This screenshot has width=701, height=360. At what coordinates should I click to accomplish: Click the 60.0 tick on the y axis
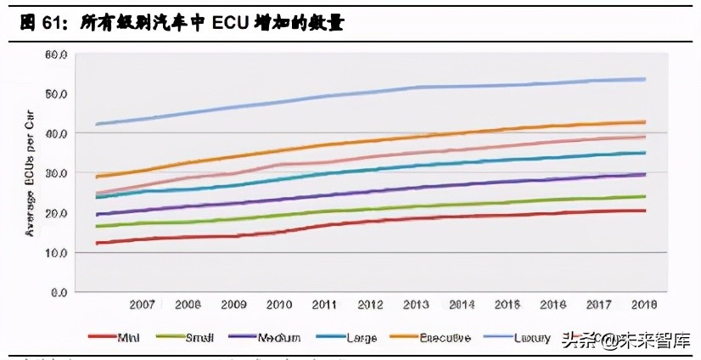pos(55,54)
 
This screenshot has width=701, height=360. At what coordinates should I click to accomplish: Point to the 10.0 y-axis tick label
pos(55,253)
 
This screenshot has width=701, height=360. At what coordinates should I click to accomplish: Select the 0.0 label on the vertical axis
pos(58,293)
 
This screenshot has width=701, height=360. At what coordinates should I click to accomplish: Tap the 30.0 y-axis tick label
pos(55,173)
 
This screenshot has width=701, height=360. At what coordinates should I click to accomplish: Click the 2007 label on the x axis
pos(143,304)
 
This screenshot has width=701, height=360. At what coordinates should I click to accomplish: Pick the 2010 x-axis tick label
pos(279,304)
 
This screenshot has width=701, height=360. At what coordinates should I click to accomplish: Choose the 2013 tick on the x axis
pos(417,304)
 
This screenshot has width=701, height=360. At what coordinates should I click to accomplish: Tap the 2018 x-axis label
pos(645,304)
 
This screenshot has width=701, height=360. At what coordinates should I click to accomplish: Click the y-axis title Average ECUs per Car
pos(28,174)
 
